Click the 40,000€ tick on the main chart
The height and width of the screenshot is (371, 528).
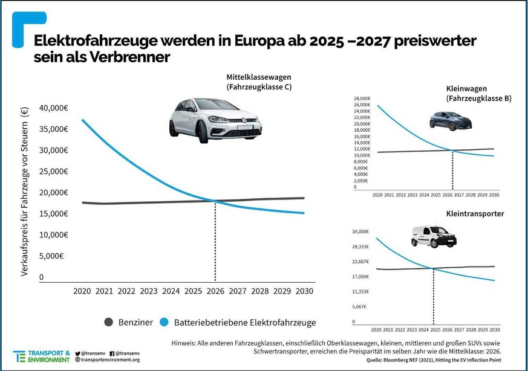coord(53,108)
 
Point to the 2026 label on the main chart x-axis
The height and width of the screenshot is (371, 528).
coord(215,291)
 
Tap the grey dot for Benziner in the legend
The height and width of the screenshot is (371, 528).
coord(109,322)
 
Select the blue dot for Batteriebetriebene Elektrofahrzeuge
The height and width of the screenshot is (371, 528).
coord(165,322)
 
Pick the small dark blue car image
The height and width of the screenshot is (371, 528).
coord(451,120)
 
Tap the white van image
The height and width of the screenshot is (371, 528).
coord(434,236)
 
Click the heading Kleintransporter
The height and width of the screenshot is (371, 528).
coord(474,214)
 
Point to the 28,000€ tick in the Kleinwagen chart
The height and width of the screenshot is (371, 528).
coord(362,98)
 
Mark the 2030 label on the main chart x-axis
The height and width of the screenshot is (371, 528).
coord(304,291)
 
